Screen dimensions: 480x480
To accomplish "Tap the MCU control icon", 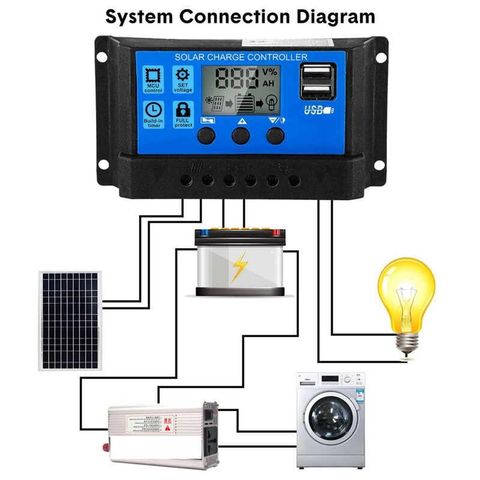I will click(154, 77).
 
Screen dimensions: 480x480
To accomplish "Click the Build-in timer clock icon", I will click(154, 110).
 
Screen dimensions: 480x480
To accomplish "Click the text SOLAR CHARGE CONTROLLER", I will click(241, 57).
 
